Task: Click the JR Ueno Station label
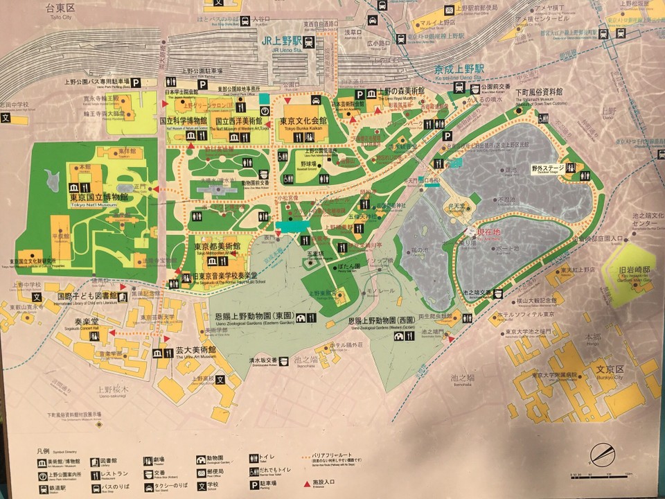(285, 41)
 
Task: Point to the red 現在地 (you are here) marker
(488, 231)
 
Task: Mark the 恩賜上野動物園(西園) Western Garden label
(386, 322)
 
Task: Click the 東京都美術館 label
(218, 247)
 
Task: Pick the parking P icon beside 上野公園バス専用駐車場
(136, 82)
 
